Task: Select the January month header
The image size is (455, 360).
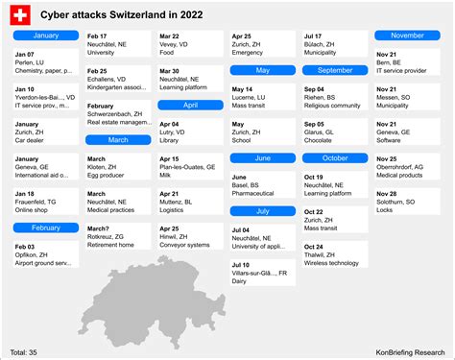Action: pyautogui.click(x=45, y=36)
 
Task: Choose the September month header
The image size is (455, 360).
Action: pyautogui.click(x=334, y=70)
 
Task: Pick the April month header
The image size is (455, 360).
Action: pyautogui.click(x=190, y=105)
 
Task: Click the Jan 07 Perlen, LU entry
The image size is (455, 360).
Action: pyautogui.click(x=45, y=61)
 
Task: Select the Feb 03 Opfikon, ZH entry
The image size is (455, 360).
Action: pyautogui.click(x=45, y=253)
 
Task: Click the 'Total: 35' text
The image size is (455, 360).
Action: pyautogui.click(x=26, y=352)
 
